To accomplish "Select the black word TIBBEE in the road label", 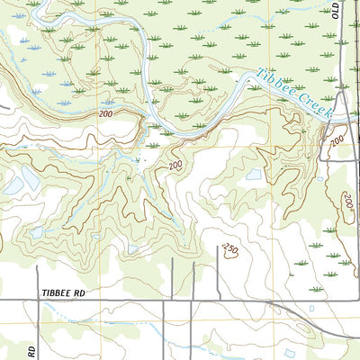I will coord(53,293).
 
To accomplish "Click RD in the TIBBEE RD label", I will coord(83,293).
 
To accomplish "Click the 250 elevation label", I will coord(232,247).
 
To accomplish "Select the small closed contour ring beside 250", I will coord(234,257).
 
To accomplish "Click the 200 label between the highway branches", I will coord(337,141).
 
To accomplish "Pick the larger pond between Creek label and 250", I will coord(254,175).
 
